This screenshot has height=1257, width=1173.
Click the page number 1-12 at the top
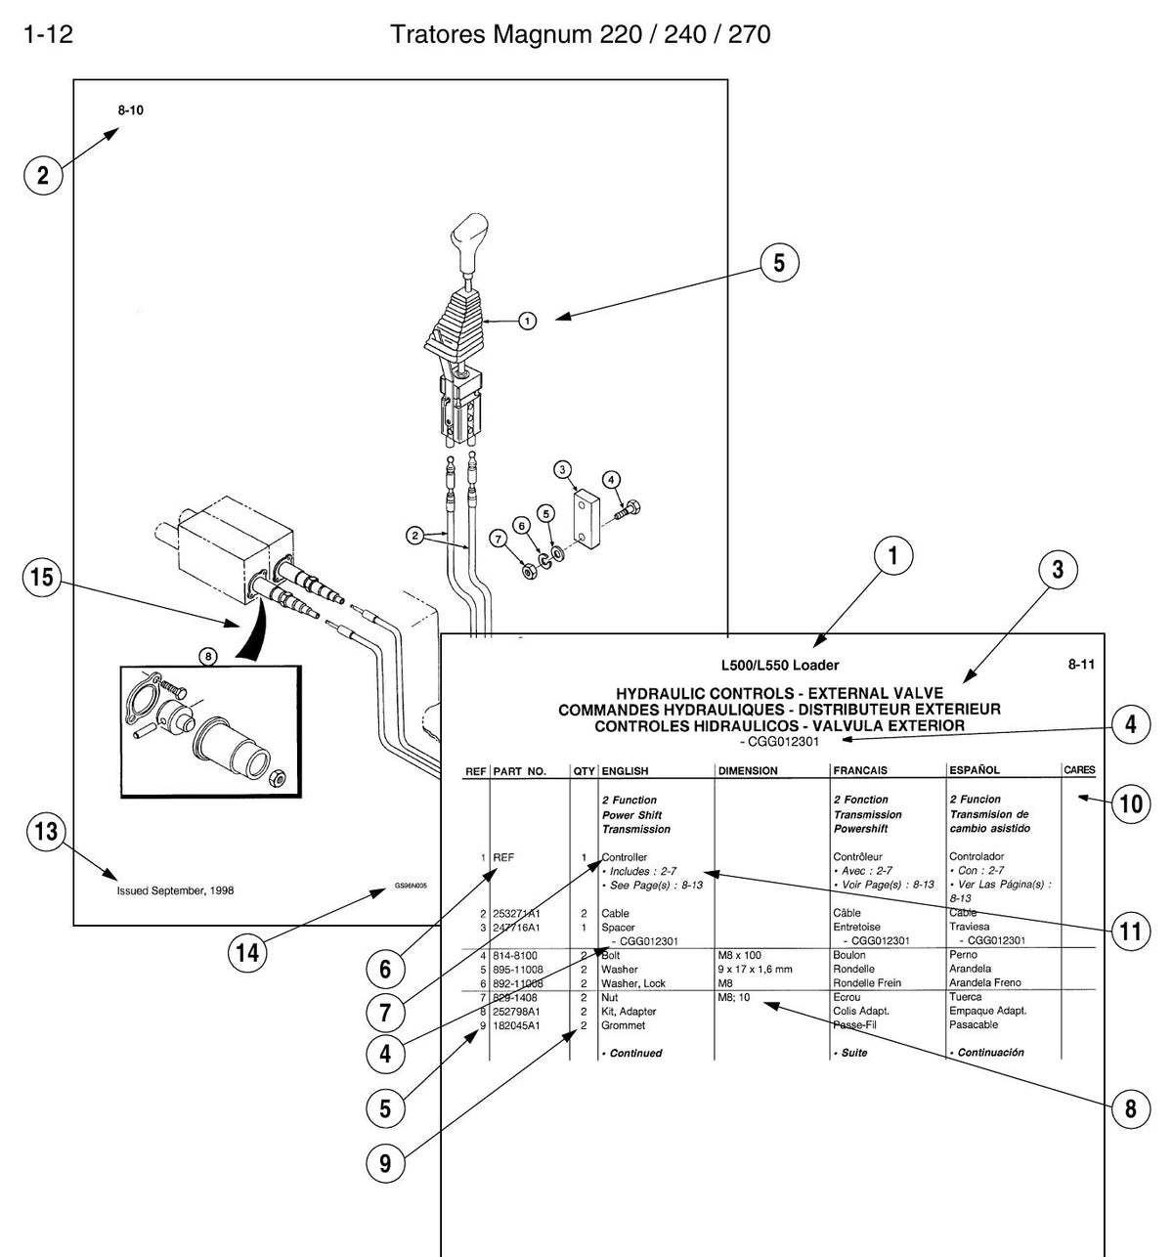click(x=48, y=33)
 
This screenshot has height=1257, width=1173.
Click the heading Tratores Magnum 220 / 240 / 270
click(x=581, y=34)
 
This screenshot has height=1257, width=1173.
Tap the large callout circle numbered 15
click(x=42, y=578)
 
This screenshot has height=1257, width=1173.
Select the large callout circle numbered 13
click(x=46, y=832)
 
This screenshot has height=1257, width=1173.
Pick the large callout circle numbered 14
click(x=247, y=952)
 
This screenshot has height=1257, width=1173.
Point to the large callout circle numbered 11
click(x=1131, y=932)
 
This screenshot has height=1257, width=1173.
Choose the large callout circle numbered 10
click(x=1131, y=803)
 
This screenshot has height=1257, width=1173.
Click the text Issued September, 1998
click(x=175, y=890)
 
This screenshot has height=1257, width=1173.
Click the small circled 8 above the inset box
click(x=208, y=657)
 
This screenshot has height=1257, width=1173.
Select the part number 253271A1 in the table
click(x=516, y=913)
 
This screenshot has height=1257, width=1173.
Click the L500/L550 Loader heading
click(x=780, y=666)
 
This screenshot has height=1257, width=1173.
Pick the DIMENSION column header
click(x=748, y=771)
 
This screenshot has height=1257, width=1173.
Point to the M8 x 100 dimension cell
click(x=739, y=955)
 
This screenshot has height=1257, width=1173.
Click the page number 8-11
click(x=1081, y=664)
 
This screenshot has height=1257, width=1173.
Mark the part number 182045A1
click(x=516, y=1025)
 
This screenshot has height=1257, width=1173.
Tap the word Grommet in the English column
click(x=623, y=1025)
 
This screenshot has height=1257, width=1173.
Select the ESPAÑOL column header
click(x=975, y=769)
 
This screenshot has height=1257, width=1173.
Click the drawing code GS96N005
click(x=411, y=886)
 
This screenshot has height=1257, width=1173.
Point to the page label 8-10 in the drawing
click(x=130, y=110)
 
